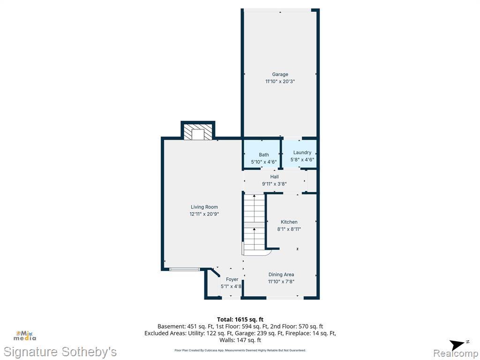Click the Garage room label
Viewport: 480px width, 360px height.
[280, 75]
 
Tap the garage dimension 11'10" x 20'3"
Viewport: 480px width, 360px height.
[280, 82]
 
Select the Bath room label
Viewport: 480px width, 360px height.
[264, 155]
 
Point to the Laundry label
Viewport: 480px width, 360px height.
[302, 152]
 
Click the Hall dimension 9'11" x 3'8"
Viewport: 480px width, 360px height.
[274, 184]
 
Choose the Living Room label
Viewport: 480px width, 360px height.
[204, 207]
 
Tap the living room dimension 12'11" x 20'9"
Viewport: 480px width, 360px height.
[204, 214]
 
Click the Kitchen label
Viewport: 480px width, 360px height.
[289, 222]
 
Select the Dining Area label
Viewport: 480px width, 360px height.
[281, 275]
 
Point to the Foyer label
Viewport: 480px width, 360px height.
[232, 279]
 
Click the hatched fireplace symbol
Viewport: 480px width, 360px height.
[198, 132]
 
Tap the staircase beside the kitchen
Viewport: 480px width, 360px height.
[254, 223]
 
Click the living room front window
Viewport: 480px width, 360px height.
[185, 270]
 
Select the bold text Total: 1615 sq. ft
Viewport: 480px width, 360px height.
[240, 320]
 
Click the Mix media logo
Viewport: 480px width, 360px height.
[25, 336]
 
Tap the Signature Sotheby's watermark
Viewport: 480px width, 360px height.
[60, 352]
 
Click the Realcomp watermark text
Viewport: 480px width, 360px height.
[456, 353]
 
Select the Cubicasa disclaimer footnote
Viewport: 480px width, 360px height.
[240, 350]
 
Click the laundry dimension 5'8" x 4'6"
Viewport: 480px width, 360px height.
[302, 159]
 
